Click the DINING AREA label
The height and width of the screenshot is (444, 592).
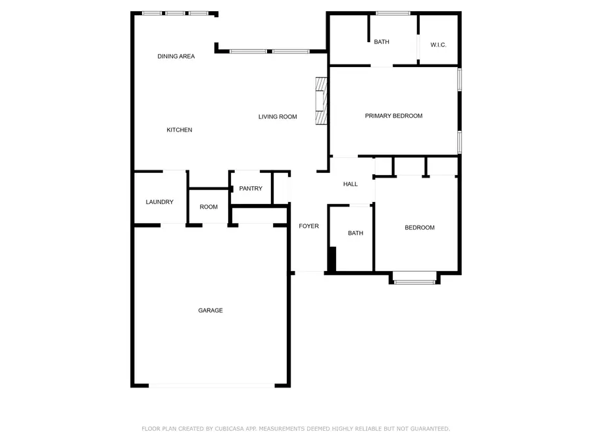(x=176, y=57)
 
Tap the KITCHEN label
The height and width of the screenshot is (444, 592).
(x=179, y=130)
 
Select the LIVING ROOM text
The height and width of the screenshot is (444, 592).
(x=277, y=117)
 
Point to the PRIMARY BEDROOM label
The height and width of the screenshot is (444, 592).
(x=393, y=116)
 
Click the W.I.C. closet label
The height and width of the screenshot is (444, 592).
(x=439, y=45)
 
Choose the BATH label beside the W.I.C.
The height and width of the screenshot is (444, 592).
(x=382, y=42)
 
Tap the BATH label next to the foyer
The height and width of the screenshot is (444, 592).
(x=355, y=233)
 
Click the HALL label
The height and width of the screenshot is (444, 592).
(x=350, y=184)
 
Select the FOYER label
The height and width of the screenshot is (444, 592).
(x=308, y=226)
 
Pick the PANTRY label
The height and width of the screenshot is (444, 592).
(x=251, y=189)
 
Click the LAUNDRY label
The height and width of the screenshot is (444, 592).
(x=159, y=202)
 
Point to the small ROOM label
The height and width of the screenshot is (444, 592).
(x=209, y=207)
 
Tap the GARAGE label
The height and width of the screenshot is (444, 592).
(x=210, y=310)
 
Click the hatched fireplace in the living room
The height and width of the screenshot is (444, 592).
(x=321, y=101)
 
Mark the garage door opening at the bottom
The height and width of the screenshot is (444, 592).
(x=212, y=385)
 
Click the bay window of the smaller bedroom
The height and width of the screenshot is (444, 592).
(x=414, y=282)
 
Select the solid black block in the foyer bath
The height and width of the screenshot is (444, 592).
(x=332, y=259)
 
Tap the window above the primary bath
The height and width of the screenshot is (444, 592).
(x=393, y=13)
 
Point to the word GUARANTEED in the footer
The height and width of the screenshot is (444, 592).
(x=426, y=429)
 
